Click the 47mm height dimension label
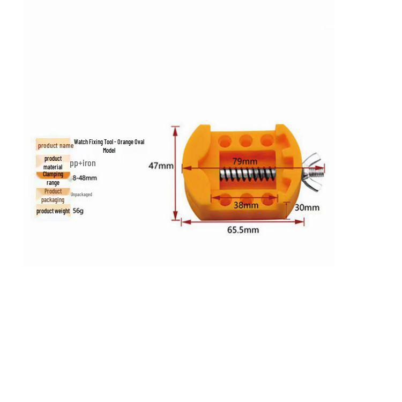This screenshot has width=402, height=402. (161, 166)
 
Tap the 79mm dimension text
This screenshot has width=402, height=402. (245, 161)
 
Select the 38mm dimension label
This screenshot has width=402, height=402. (246, 205)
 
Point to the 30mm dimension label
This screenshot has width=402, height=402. (307, 207)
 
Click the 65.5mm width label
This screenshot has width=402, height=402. (243, 230)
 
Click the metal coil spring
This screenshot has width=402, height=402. (248, 175)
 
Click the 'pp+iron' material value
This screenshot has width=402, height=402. (83, 163)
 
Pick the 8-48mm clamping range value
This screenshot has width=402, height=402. (85, 177)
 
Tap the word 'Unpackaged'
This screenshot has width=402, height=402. (81, 195)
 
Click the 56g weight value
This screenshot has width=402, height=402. (78, 211)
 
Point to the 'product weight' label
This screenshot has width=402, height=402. (53, 211)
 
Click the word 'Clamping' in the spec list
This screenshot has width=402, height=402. (53, 174)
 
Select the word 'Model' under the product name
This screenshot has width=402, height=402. (109, 150)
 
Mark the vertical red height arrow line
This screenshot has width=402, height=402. (175, 173)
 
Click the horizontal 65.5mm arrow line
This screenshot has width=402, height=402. (243, 222)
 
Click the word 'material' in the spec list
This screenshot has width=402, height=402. (53, 167)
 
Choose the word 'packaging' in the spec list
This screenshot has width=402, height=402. (53, 200)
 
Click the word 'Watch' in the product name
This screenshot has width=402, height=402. (81, 142)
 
